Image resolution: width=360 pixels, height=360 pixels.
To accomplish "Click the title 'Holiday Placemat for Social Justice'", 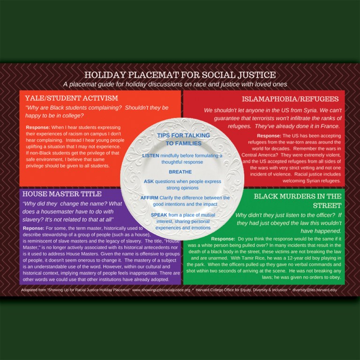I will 180,75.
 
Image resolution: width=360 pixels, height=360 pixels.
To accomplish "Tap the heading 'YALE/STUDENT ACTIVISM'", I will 72,98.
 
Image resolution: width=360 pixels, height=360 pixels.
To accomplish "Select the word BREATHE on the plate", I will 180,172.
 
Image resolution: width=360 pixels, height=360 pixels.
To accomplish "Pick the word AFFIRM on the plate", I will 150,198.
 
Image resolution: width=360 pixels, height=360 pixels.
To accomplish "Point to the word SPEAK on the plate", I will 150,215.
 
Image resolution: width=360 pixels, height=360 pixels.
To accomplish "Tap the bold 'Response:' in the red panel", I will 269,136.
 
